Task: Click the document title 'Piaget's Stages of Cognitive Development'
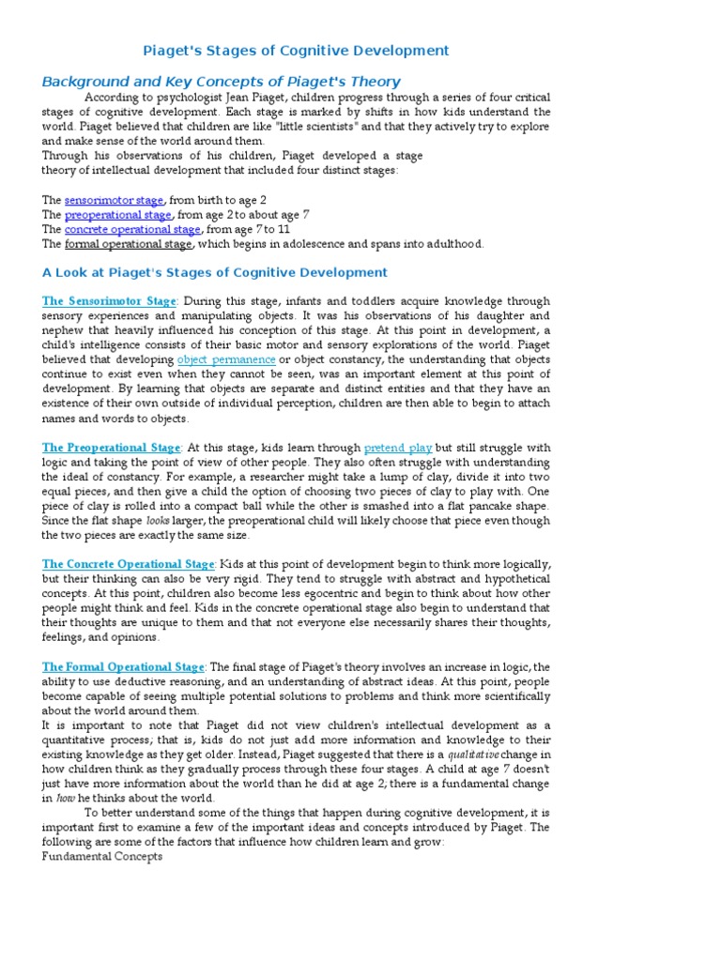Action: coord(295,51)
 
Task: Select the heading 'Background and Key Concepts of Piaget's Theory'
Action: coord(221,82)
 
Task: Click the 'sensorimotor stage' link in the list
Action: coord(114,201)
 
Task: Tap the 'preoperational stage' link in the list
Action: coord(117,215)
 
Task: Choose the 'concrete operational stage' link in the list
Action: coord(132,229)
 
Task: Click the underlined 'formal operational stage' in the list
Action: coord(128,244)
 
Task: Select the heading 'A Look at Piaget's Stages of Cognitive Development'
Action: coord(214,272)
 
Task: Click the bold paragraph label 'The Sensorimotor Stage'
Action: coord(109,301)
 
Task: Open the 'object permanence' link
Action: coord(226,359)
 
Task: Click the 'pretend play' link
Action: coord(398,449)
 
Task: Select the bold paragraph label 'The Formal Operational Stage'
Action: coord(122,667)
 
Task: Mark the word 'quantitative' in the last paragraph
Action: coord(80,740)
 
